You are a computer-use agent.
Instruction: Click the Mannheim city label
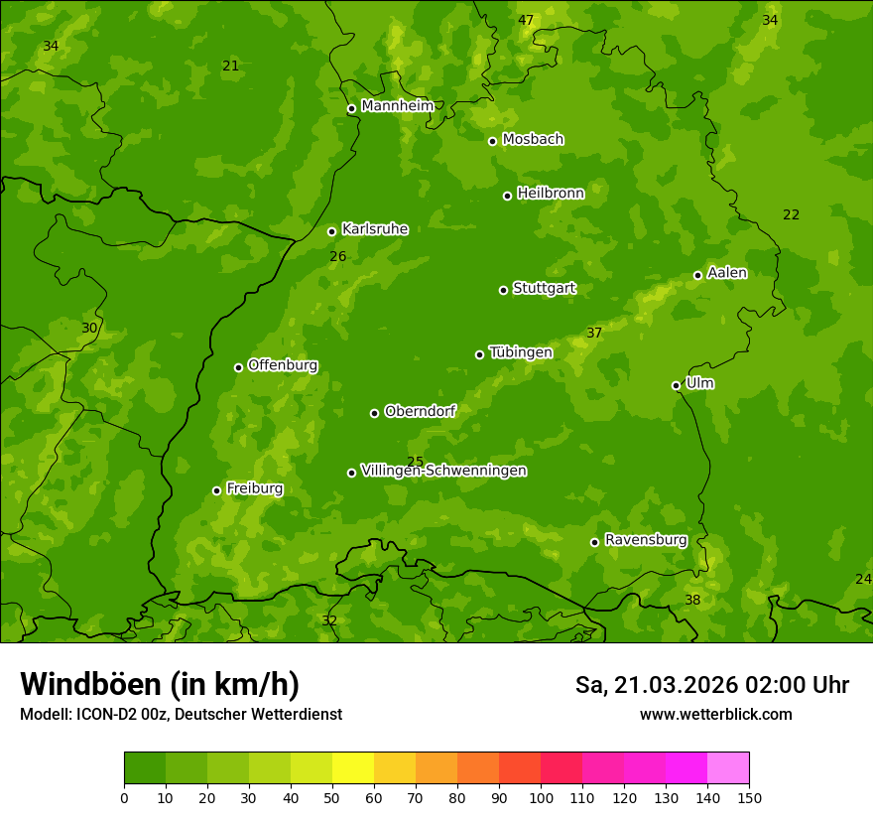397,106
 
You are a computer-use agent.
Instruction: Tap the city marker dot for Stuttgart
503,290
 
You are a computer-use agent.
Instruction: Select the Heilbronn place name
551,194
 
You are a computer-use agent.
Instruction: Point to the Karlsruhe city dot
331,231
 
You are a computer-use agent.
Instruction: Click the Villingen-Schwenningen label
443,471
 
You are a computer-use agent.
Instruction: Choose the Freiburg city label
254,488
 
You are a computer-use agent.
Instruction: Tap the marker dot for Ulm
676,385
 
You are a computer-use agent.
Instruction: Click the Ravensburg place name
646,540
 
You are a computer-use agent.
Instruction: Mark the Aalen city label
727,273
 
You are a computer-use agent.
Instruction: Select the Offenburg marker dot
238,367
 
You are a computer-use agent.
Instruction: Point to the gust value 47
526,20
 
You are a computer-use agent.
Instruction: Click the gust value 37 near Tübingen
594,333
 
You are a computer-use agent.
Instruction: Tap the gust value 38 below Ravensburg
692,600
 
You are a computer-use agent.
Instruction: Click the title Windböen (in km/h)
160,684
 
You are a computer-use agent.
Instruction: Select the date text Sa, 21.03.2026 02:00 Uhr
711,685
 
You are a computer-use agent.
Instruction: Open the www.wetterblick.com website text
715,715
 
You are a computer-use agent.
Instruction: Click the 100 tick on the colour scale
541,797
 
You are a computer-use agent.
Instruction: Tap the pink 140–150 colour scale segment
728,768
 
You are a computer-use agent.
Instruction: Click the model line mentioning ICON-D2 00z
181,715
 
